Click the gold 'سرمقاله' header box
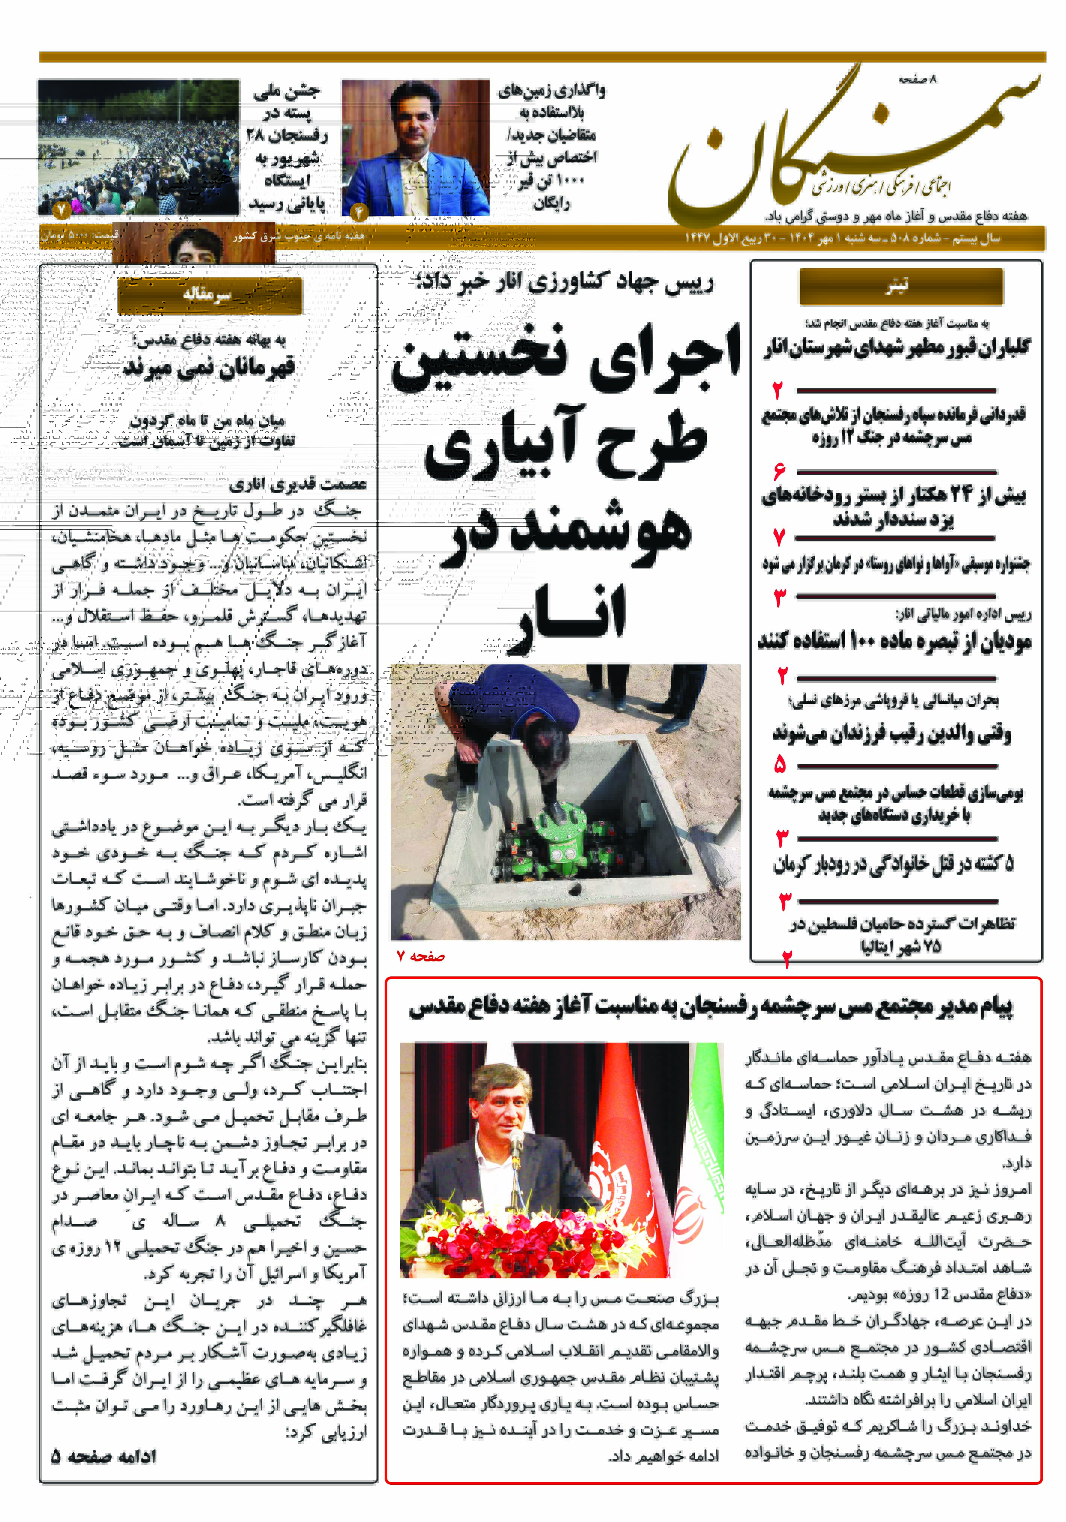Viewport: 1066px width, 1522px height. tap(209, 295)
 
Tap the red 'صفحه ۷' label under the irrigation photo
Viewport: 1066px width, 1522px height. tap(420, 956)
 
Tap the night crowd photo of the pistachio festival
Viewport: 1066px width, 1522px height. tap(138, 147)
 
